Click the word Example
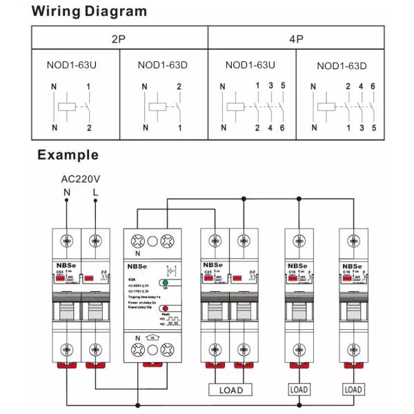[x=68, y=155]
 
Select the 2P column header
[x=119, y=39]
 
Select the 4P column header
[x=297, y=39]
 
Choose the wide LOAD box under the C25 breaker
[x=230, y=390]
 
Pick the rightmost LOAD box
[x=353, y=390]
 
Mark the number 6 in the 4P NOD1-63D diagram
[x=373, y=86]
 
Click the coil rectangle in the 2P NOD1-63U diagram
[x=67, y=107]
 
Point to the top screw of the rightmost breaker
[x=353, y=241]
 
